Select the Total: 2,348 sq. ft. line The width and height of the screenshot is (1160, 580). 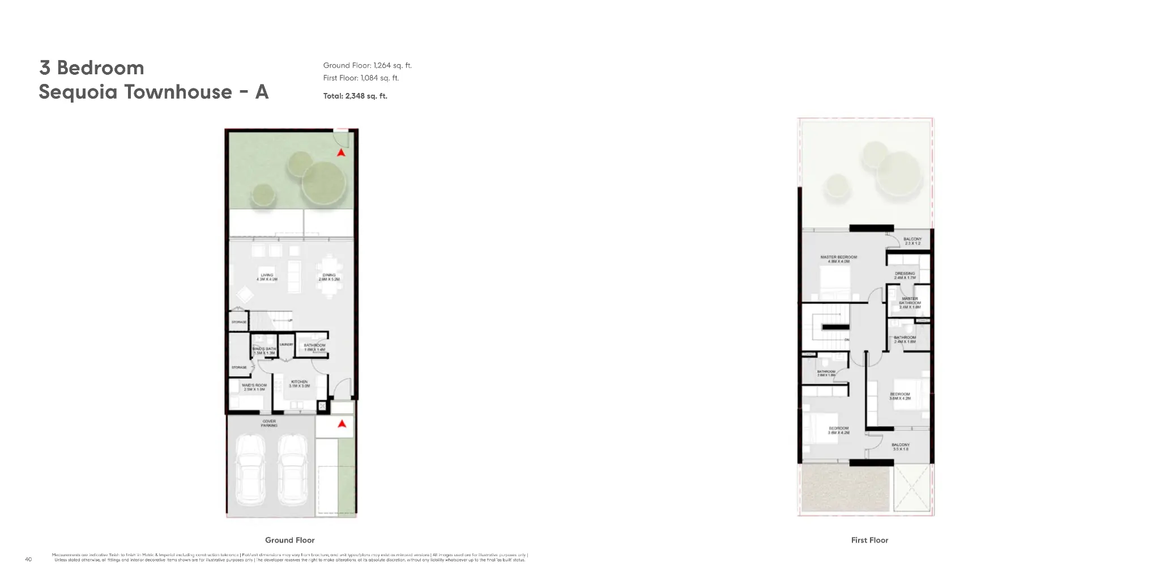tap(355, 96)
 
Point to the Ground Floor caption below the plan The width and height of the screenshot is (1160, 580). tap(289, 540)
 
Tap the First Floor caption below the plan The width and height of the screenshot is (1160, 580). tap(869, 540)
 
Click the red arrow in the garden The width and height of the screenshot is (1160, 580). tap(340, 153)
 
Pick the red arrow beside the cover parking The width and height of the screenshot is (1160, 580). tap(342, 423)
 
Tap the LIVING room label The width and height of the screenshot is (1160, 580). tap(267, 277)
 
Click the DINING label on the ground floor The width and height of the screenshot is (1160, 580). tap(329, 277)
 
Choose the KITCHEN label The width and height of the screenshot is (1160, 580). tap(299, 383)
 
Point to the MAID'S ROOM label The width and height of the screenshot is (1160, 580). tap(254, 387)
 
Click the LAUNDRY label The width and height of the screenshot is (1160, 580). tap(286, 344)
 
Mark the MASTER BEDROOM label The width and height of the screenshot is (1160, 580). tap(838, 259)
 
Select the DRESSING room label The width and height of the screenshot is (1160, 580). tap(905, 276)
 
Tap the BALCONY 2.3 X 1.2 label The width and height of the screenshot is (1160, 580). tap(912, 241)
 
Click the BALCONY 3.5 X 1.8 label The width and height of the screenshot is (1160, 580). tap(900, 447)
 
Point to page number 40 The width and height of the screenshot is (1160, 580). tap(28, 560)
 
